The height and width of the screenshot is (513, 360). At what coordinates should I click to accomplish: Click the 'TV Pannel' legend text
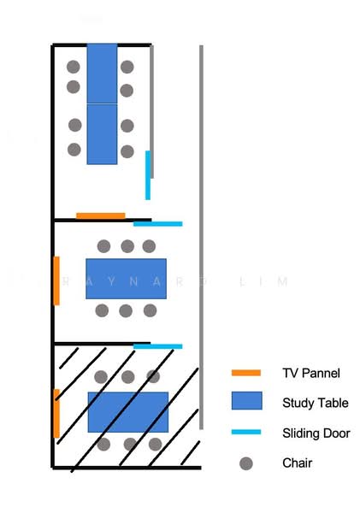[x=311, y=373]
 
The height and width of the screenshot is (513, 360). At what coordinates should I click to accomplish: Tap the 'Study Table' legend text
[x=316, y=403]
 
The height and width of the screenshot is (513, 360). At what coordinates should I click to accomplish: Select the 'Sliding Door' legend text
[x=316, y=433]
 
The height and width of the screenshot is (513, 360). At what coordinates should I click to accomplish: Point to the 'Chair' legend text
[x=298, y=463]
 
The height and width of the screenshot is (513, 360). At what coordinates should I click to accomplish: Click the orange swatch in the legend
[x=246, y=373]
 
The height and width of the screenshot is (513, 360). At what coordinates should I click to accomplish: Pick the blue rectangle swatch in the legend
[x=247, y=400]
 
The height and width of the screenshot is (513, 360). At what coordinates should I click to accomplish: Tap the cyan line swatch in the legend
[x=246, y=432]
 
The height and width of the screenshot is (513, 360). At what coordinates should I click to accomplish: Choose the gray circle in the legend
[x=246, y=463]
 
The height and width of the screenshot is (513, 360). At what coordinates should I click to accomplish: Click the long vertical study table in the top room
[x=102, y=104]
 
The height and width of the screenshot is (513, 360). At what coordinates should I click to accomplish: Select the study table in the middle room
[x=126, y=279]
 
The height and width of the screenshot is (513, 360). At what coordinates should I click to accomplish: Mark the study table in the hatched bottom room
[x=128, y=412]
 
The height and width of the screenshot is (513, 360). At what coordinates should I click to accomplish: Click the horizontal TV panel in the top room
[x=101, y=216]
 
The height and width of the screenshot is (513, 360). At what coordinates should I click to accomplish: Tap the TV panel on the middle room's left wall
[x=56, y=280]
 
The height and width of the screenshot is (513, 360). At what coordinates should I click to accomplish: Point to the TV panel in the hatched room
[x=56, y=414]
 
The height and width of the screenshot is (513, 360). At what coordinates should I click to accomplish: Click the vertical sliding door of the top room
[x=148, y=175]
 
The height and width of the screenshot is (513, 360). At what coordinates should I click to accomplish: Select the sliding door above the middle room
[x=158, y=224]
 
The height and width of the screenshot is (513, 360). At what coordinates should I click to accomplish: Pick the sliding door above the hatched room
[x=158, y=346]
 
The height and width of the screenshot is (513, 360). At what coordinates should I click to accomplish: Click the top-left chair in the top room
[x=74, y=67]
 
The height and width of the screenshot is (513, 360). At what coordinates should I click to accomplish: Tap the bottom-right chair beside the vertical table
[x=127, y=151]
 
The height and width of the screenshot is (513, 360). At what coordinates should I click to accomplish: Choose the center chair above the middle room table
[x=127, y=246]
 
